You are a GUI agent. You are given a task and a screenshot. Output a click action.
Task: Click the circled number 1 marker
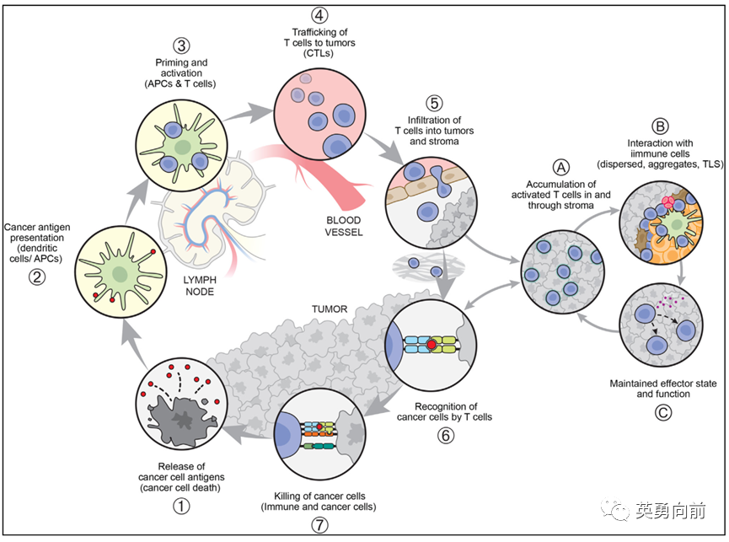[x=181, y=506]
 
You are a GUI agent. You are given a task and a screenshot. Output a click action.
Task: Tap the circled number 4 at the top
[x=319, y=15]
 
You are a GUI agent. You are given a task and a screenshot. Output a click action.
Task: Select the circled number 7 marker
[x=319, y=525]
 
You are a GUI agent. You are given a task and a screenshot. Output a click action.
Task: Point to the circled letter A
[x=560, y=168]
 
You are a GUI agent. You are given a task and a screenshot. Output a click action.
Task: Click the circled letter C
[x=663, y=412]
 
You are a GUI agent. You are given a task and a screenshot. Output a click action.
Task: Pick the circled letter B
[x=660, y=126]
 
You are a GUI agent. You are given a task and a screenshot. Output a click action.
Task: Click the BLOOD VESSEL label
[x=344, y=226]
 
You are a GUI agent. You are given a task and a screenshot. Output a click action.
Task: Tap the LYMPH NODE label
[x=200, y=286]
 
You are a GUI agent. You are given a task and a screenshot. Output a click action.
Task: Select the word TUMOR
[x=330, y=309]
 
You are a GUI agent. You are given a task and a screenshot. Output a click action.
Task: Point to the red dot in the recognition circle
[x=432, y=345]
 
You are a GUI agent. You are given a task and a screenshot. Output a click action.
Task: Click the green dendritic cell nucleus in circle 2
[x=120, y=273]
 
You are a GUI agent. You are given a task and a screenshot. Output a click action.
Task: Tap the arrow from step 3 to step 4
[x=249, y=113]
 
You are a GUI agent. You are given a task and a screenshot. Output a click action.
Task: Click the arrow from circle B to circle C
[x=681, y=273]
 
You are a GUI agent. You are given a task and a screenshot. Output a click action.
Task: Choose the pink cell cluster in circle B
[x=668, y=201]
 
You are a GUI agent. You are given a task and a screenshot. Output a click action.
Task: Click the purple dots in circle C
[x=670, y=302]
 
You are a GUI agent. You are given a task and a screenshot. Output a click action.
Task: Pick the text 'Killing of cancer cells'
[x=319, y=496]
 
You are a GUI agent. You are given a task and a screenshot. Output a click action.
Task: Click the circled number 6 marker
[x=445, y=435]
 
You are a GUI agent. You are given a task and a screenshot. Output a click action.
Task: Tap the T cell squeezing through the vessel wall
[x=442, y=181]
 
